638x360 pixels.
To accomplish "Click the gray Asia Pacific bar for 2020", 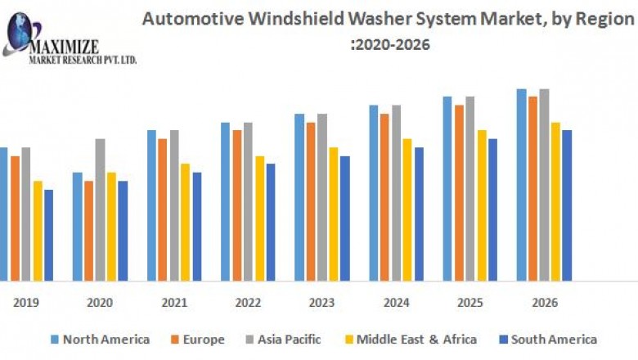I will [x=100, y=209].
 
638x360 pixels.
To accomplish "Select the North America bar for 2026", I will [x=521, y=185].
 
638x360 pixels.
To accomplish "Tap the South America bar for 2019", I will [x=48, y=235].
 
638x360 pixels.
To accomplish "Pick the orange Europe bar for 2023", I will [x=311, y=201].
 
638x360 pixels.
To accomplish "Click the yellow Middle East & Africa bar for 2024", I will [x=407, y=209].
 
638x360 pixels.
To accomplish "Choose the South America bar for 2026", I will [x=567, y=205].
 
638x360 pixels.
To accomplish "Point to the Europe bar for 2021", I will [x=163, y=209].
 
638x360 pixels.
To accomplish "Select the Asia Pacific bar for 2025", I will [x=470, y=188].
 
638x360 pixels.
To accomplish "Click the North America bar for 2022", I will [x=225, y=201].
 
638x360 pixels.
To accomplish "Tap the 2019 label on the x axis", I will [x=25, y=303].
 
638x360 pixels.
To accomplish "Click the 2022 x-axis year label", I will [x=248, y=303].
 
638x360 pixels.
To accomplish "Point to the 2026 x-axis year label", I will [x=544, y=303].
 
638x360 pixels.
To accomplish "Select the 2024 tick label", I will [x=396, y=303].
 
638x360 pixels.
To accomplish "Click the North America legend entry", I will [x=99, y=339].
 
